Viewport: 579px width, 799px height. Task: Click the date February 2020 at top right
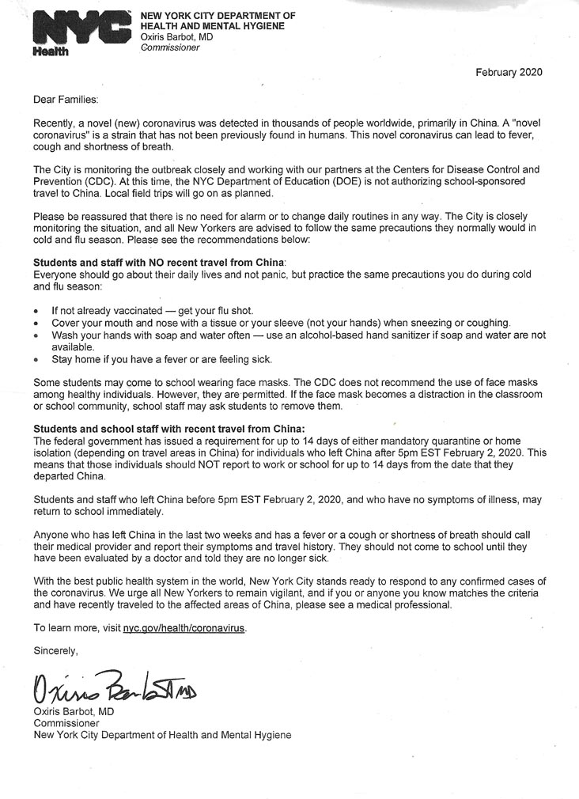509,73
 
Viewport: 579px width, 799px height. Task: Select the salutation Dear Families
66,100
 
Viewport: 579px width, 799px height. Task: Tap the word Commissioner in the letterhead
170,47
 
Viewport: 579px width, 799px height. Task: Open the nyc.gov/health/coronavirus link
184,628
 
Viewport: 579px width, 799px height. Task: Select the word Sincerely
56,650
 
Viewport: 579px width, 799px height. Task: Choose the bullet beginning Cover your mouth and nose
281,323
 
